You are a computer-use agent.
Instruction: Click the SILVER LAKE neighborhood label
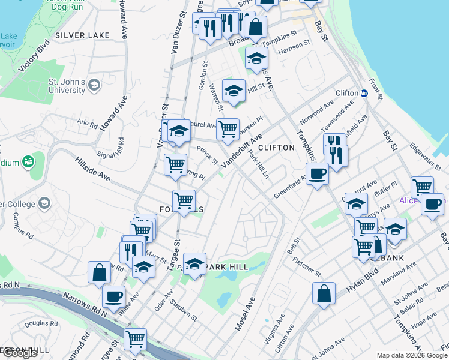[x=82, y=35]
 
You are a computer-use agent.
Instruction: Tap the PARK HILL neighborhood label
[x=226, y=266]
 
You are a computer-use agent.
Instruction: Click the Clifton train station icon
[x=364, y=93]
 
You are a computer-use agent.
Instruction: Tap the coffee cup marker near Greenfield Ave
[x=317, y=175]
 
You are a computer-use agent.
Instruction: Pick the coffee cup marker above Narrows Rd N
[x=113, y=296]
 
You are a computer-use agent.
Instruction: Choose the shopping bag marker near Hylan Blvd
[x=324, y=293]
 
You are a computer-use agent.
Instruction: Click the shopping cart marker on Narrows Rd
[x=136, y=339]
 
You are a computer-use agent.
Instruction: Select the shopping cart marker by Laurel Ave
[x=228, y=129]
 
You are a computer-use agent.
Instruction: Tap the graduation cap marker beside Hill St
[x=234, y=91]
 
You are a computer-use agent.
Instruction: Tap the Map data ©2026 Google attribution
[x=412, y=355]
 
